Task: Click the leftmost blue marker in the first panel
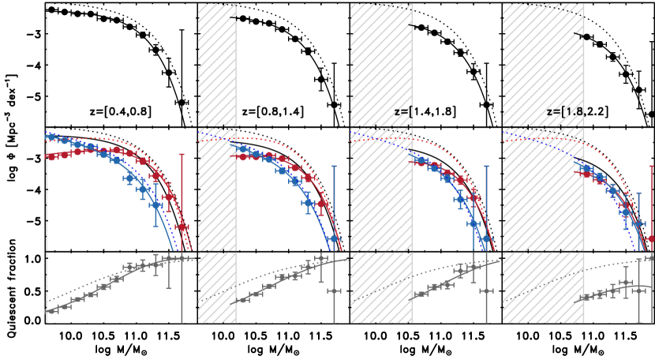click(x=51, y=137)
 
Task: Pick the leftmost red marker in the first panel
click(x=51, y=156)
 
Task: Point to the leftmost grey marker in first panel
click(x=51, y=310)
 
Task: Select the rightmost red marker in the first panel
click(x=182, y=227)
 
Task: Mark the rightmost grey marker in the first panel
click(x=182, y=257)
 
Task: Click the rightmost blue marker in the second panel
click(x=334, y=238)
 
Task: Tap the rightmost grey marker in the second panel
click(x=334, y=291)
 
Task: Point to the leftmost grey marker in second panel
click(x=242, y=299)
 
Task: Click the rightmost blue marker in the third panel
click(x=486, y=238)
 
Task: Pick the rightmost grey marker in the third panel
click(x=486, y=291)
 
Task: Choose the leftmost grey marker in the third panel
click(x=420, y=294)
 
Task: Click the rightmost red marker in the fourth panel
click(x=651, y=238)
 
